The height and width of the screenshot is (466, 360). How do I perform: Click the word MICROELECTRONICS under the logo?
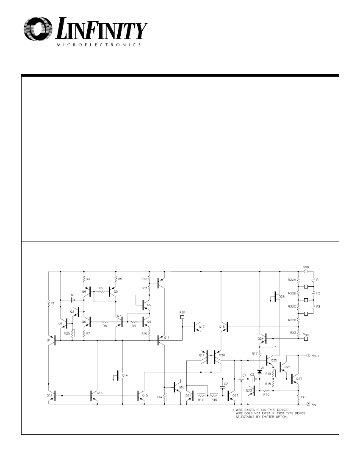coord(98,44)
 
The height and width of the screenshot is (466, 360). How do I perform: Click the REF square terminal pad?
coord(183,316)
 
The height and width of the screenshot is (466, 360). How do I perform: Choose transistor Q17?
coord(197,327)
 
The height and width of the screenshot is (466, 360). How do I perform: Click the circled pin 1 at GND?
coord(306,271)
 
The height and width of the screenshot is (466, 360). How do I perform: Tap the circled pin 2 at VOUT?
coord(308,355)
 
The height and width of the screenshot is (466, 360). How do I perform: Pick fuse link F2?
coord(312,293)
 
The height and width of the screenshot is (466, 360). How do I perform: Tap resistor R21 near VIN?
coord(298,397)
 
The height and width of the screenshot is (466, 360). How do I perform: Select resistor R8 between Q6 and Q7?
coord(103,322)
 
